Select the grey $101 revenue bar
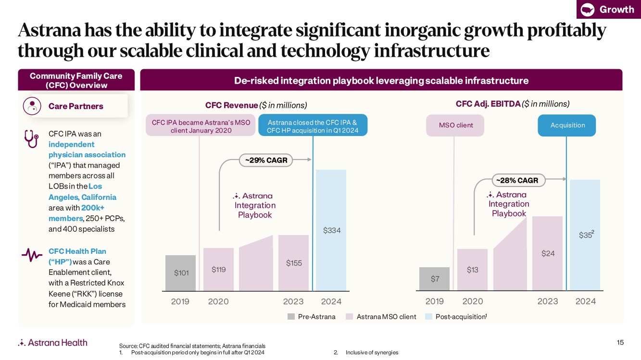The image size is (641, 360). click(180, 273)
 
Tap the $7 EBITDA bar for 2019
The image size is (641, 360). click(434, 279)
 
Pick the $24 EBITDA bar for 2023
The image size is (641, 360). click(547, 253)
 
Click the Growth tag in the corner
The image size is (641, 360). click(608, 9)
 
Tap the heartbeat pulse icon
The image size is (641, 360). click(32, 255)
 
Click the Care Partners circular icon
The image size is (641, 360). click(32, 106)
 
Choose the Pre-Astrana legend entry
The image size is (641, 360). click(311, 317)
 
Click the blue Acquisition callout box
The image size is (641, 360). click(567, 125)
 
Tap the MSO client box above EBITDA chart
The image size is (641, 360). click(455, 125)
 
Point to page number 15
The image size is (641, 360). click(620, 342)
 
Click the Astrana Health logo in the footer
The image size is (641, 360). click(53, 343)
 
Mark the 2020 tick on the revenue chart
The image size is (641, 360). click(218, 301)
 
